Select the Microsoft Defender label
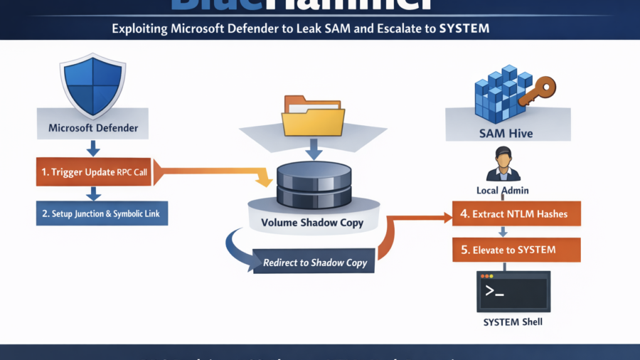[x=93, y=129]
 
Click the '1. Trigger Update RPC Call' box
[x=93, y=171]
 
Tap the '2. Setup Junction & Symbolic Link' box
[x=102, y=213]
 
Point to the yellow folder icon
[x=313, y=116]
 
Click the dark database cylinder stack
[x=313, y=184]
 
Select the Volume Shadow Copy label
[x=312, y=223]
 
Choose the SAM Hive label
[x=506, y=133]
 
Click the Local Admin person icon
[x=503, y=164]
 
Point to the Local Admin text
[x=503, y=191]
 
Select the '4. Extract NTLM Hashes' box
[x=516, y=213]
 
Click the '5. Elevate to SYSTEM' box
[x=516, y=250]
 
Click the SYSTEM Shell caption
[x=513, y=322]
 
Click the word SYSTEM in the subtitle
[x=464, y=29]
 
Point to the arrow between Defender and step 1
[x=93, y=148]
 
